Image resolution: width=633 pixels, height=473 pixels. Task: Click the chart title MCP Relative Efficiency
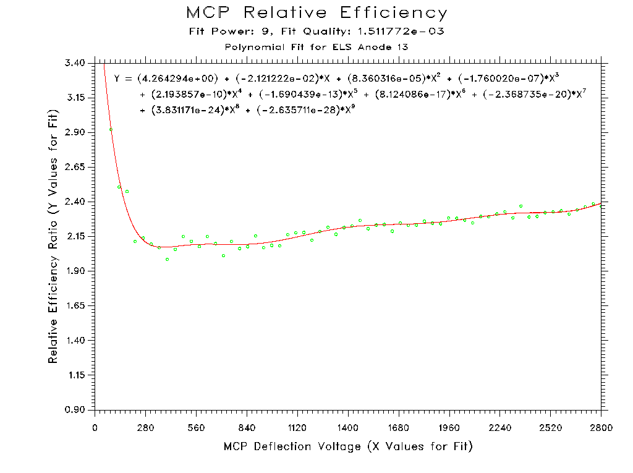tap(316, 13)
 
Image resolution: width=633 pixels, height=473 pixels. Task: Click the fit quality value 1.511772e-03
tap(401, 31)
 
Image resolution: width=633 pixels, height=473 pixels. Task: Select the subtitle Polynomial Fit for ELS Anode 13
tap(316, 46)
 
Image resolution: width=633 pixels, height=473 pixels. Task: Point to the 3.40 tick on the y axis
tap(77, 63)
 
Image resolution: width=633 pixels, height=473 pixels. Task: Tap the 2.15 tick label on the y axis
tap(77, 237)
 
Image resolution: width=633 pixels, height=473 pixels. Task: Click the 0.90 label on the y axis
tap(77, 410)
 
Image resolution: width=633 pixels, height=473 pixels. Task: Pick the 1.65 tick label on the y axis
tap(77, 306)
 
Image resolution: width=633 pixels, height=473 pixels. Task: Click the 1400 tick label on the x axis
tap(348, 427)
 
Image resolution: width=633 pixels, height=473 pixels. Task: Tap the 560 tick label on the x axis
tap(196, 427)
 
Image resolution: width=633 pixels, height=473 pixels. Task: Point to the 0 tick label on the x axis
tap(95, 427)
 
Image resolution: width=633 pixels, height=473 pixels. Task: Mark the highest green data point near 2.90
tap(111, 129)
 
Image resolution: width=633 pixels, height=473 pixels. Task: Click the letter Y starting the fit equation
tap(117, 79)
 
